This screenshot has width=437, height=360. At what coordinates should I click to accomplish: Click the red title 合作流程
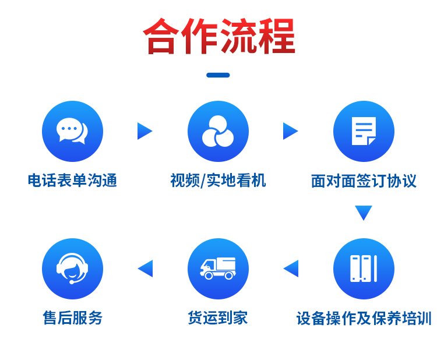click(x=218, y=36)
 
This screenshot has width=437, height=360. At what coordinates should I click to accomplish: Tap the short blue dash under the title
click(x=218, y=75)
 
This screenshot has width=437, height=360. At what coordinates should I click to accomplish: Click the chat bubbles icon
click(x=72, y=130)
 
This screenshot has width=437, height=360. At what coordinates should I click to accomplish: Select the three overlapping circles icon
click(x=218, y=131)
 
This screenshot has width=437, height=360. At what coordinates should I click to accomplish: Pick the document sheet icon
click(x=364, y=131)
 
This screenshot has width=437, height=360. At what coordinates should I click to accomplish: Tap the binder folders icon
click(x=364, y=268)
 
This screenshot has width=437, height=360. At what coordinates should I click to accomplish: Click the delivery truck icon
click(x=218, y=268)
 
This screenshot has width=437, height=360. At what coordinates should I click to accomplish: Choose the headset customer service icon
click(x=72, y=268)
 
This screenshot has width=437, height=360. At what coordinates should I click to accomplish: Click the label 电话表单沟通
click(x=72, y=180)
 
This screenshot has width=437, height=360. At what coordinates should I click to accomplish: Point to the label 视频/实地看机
click(x=218, y=180)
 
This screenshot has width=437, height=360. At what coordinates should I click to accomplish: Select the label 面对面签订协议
click(x=364, y=181)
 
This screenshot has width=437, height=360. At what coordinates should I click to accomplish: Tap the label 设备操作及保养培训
click(x=364, y=318)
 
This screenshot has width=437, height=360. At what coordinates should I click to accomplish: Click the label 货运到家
click(x=218, y=317)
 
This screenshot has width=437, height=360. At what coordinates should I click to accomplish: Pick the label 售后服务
click(x=72, y=317)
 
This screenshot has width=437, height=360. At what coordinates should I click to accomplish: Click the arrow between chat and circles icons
click(x=145, y=131)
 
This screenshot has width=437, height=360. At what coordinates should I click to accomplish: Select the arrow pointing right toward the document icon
click(x=290, y=131)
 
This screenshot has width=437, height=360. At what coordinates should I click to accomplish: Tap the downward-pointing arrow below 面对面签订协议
click(x=364, y=213)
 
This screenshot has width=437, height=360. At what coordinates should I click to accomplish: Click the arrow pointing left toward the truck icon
click(x=291, y=269)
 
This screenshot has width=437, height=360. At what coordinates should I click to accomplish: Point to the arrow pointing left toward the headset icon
click(x=146, y=269)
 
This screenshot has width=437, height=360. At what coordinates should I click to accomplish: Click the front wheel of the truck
click(x=209, y=276)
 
